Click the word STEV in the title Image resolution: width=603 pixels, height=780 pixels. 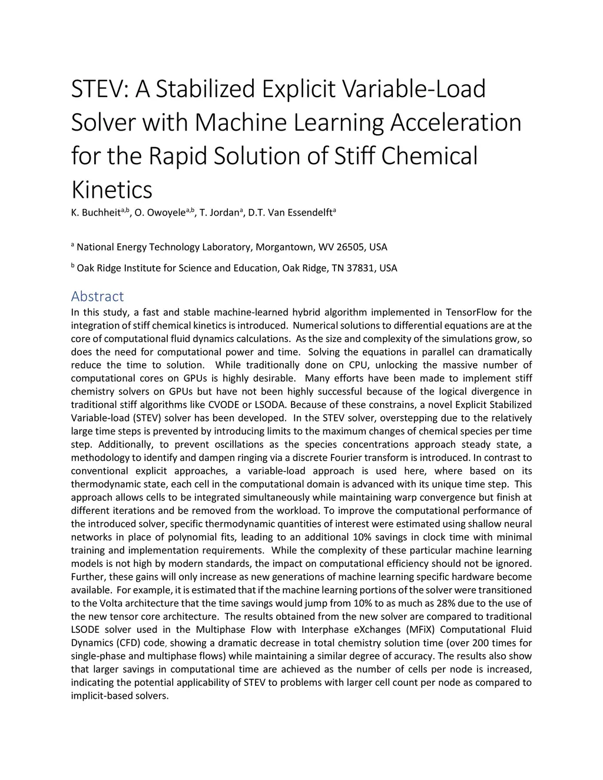pos(98,89)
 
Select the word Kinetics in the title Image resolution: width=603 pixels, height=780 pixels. pos(111,190)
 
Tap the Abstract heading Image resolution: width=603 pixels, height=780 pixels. pos(97,296)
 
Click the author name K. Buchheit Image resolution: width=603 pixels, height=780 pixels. pos(95,213)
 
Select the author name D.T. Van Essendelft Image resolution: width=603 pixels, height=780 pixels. pos(290,213)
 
